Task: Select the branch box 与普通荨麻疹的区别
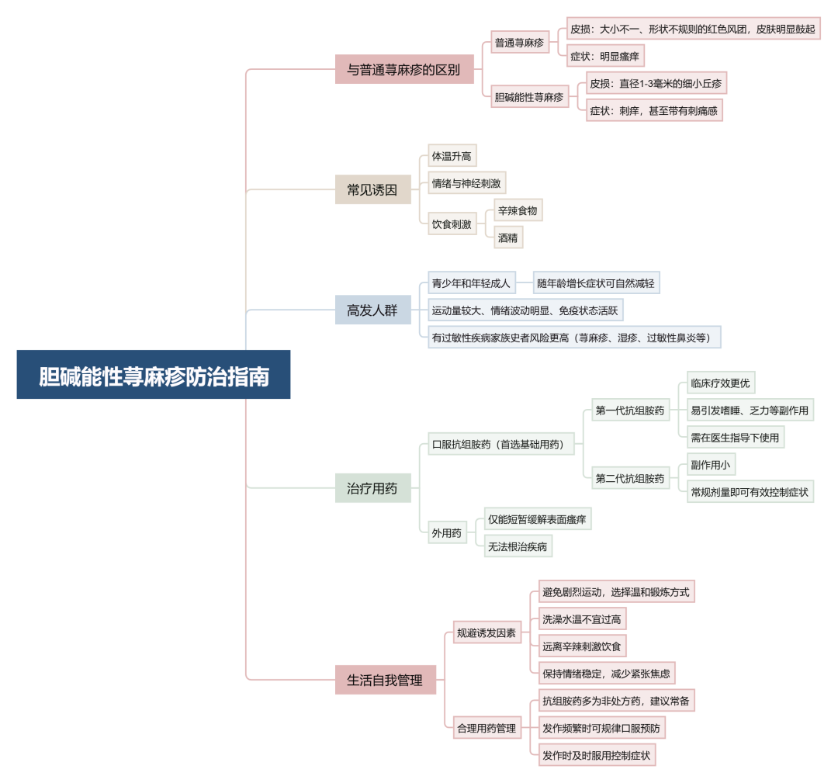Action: click(x=404, y=70)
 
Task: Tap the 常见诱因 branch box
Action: click(x=373, y=189)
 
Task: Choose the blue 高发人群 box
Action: click(x=373, y=310)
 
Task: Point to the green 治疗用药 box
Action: click(x=373, y=488)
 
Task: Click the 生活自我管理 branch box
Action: click(x=386, y=680)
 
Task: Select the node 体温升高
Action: click(x=452, y=155)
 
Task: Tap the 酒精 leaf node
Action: click(x=508, y=237)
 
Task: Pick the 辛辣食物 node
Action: click(x=518, y=210)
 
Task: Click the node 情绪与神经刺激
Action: click(x=466, y=183)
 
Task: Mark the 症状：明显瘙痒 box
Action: click(x=605, y=56)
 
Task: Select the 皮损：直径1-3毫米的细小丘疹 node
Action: click(x=656, y=83)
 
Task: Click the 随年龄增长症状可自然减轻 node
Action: click(x=597, y=282)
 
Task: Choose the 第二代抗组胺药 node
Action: click(x=631, y=478)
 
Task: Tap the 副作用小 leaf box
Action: click(x=711, y=465)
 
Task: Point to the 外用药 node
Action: click(x=448, y=533)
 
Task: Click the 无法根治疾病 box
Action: click(x=518, y=546)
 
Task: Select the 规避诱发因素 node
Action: click(x=487, y=632)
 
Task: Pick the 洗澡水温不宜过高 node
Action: click(x=582, y=619)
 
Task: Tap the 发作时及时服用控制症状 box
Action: click(x=597, y=755)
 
